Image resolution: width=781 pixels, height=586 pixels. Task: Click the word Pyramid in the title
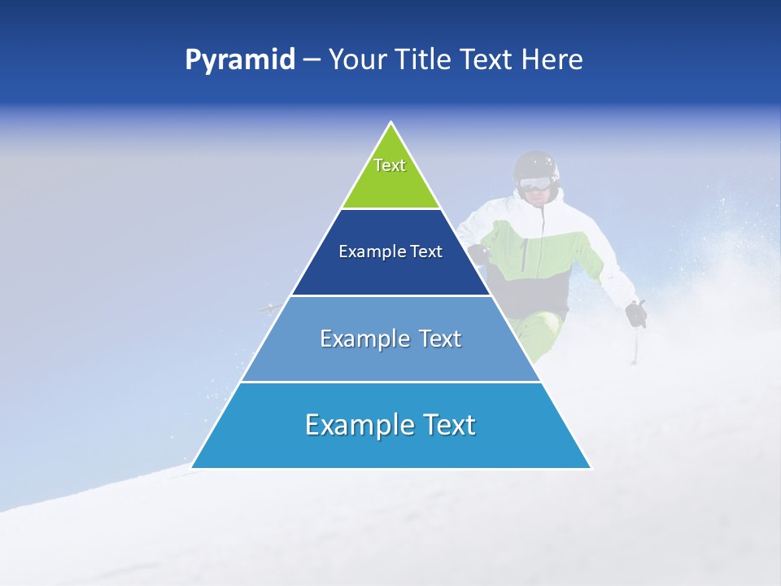point(239,60)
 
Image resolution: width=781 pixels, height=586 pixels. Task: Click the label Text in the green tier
point(390,165)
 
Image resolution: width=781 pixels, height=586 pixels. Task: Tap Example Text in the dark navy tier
point(390,251)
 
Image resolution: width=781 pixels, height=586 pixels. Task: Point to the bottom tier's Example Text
point(390,424)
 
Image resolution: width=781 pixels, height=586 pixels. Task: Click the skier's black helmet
point(537,163)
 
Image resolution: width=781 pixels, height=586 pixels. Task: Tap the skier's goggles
point(534,184)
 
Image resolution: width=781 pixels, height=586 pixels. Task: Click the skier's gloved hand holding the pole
point(635,313)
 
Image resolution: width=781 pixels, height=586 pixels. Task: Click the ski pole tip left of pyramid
point(264,308)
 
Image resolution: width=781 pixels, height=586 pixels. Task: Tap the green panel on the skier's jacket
point(561,252)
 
